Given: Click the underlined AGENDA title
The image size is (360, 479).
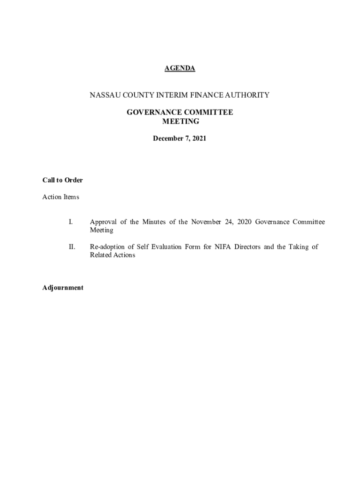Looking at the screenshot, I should (x=180, y=68).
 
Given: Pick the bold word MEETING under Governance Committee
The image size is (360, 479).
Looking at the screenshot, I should (x=180, y=122).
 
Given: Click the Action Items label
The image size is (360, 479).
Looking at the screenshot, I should (x=61, y=197).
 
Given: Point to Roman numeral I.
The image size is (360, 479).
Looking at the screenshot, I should (x=71, y=222).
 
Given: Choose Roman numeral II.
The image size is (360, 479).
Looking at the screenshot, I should (x=72, y=247).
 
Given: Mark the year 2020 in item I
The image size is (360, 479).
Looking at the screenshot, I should (x=244, y=222).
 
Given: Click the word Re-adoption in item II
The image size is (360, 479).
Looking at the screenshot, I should (x=108, y=247).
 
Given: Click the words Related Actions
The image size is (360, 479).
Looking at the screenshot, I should (x=112, y=255).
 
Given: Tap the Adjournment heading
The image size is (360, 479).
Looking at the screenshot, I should (x=63, y=288).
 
